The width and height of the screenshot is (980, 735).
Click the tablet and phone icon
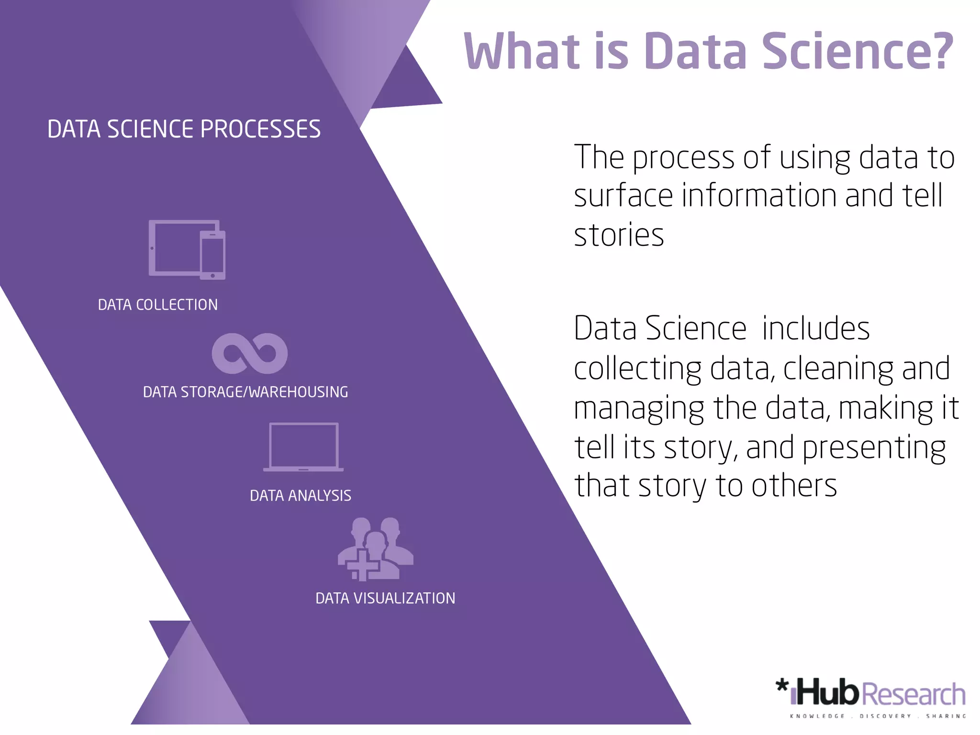click(187, 249)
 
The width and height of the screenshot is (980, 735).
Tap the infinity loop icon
click(250, 353)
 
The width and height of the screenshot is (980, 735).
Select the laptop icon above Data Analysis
click(303, 447)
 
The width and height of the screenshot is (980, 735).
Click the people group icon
click(376, 549)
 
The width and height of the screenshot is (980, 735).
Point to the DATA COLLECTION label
click(158, 305)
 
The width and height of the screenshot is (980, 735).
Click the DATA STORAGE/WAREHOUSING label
click(245, 392)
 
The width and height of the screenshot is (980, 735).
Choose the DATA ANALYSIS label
click(301, 495)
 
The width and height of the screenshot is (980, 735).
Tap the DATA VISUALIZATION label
click(385, 598)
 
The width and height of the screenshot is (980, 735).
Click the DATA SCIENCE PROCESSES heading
click(184, 129)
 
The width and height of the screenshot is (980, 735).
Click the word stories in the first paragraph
click(619, 235)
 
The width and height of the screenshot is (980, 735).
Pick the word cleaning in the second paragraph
click(838, 368)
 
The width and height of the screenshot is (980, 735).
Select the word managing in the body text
click(639, 409)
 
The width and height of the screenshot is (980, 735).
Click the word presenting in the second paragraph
click(874, 448)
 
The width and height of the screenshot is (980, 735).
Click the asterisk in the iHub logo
click(782, 685)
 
